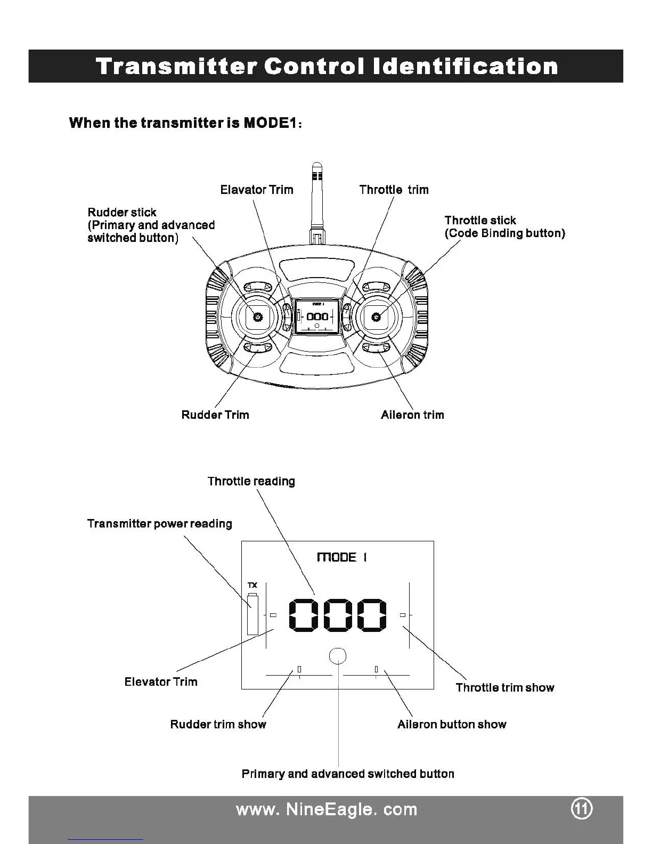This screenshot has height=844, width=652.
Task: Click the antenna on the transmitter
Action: [x=317, y=197]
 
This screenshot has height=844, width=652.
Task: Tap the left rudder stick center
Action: [x=258, y=317]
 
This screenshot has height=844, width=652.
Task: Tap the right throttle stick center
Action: [x=376, y=317]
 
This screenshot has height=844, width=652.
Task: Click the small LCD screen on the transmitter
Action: [x=317, y=316]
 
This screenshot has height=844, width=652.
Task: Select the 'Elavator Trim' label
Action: [x=257, y=190]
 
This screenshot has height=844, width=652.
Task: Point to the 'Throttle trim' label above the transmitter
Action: [x=394, y=190]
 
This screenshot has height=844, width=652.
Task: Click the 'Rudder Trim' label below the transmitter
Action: [x=215, y=415]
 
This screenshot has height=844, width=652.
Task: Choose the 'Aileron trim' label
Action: [x=412, y=415]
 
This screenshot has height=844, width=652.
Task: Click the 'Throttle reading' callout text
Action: [x=251, y=481]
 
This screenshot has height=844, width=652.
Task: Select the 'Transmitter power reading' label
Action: [x=160, y=523]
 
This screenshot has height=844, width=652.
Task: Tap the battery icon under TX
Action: [x=252, y=614]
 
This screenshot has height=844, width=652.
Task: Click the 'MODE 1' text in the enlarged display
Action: [x=341, y=557]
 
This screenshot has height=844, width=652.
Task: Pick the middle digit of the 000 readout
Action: [x=338, y=615]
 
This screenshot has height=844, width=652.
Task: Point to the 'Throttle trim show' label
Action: [x=505, y=687]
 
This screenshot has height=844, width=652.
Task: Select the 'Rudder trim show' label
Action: [x=218, y=724]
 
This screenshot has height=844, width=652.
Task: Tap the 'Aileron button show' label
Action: [x=452, y=724]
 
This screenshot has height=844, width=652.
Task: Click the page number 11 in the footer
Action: [x=582, y=809]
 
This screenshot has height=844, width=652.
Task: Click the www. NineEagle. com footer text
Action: [x=326, y=809]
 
